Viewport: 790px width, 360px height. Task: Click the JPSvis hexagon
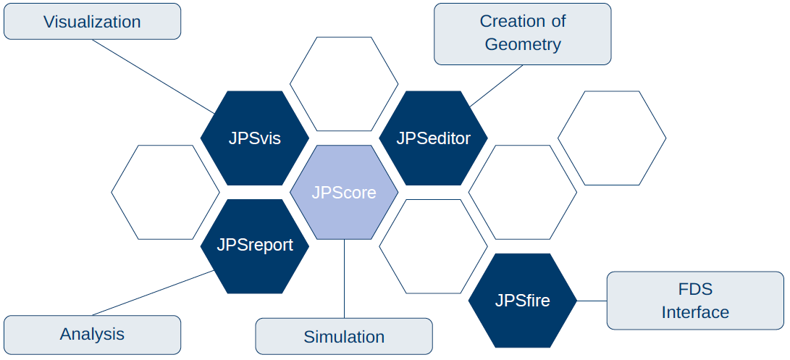point(254,138)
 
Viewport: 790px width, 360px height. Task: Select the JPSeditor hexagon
point(433,138)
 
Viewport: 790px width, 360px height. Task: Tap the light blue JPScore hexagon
point(344,192)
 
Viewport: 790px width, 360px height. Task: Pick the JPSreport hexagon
point(254,246)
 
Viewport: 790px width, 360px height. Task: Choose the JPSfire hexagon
point(523,301)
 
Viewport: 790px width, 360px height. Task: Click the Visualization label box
point(92,21)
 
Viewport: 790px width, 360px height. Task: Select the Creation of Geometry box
point(523,34)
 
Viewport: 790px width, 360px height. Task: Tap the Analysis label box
point(92,335)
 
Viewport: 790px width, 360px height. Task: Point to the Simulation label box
point(344,336)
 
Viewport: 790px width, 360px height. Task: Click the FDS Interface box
point(695,301)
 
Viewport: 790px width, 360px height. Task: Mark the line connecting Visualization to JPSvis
point(154,77)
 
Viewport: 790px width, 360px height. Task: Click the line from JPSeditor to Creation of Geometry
point(496,85)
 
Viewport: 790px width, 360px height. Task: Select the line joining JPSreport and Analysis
point(154,293)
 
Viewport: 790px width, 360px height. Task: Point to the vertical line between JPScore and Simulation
point(344,279)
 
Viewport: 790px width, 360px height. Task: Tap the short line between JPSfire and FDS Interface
point(592,301)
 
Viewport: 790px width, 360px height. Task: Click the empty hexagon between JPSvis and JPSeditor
point(344,84)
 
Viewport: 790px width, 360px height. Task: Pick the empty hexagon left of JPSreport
point(165,192)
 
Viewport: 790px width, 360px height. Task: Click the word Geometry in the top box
point(523,44)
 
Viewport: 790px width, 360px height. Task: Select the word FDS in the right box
point(695,290)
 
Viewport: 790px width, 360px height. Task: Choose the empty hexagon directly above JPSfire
point(523,192)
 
